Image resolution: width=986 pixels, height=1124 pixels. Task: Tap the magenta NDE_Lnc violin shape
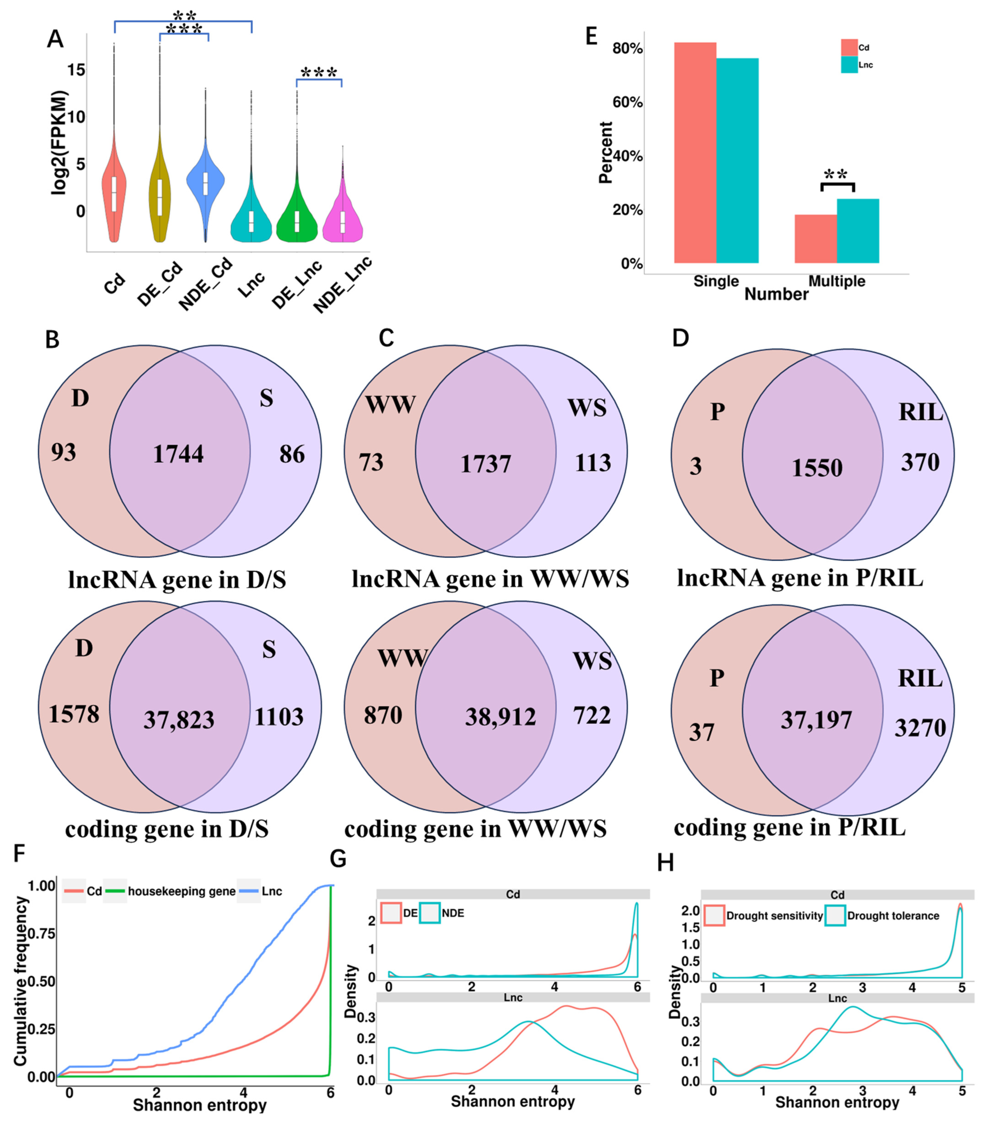pos(343,223)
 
